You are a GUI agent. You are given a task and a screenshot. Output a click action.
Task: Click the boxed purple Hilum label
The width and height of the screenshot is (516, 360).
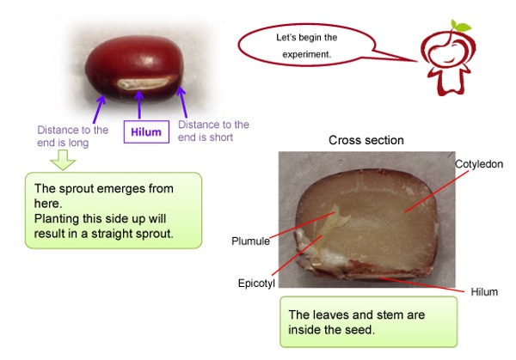pos(146,131)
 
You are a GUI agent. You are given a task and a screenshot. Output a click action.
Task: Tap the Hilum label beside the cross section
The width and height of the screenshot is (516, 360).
pos(484,292)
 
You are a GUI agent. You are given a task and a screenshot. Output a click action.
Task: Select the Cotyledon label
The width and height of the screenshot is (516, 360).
pos(479,164)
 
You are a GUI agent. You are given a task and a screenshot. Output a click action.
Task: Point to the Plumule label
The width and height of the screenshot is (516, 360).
pos(250,241)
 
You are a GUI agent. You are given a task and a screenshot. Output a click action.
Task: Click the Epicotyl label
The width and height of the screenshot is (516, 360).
pos(256,283)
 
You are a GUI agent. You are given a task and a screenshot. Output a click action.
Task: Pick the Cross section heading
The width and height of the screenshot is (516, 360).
pos(366,140)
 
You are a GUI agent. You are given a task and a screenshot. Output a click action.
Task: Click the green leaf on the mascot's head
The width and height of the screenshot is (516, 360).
pos(460,26)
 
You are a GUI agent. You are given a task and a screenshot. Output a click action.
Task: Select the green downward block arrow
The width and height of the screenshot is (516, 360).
pos(63,160)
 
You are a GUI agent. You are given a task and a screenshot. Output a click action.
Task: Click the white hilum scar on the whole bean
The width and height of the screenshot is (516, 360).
pos(144,83)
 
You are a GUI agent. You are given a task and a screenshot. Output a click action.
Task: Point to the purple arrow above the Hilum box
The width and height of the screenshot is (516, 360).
pos(139,105)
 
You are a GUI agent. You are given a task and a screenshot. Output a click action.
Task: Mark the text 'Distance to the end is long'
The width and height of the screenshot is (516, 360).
pos(72,137)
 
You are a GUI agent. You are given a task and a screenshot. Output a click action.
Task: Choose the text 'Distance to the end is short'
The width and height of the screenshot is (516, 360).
pos(213,131)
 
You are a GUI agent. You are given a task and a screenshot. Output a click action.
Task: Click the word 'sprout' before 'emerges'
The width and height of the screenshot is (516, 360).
pos(76,189)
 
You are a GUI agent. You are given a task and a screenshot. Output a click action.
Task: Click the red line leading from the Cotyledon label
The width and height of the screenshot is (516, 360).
pos(436,192)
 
